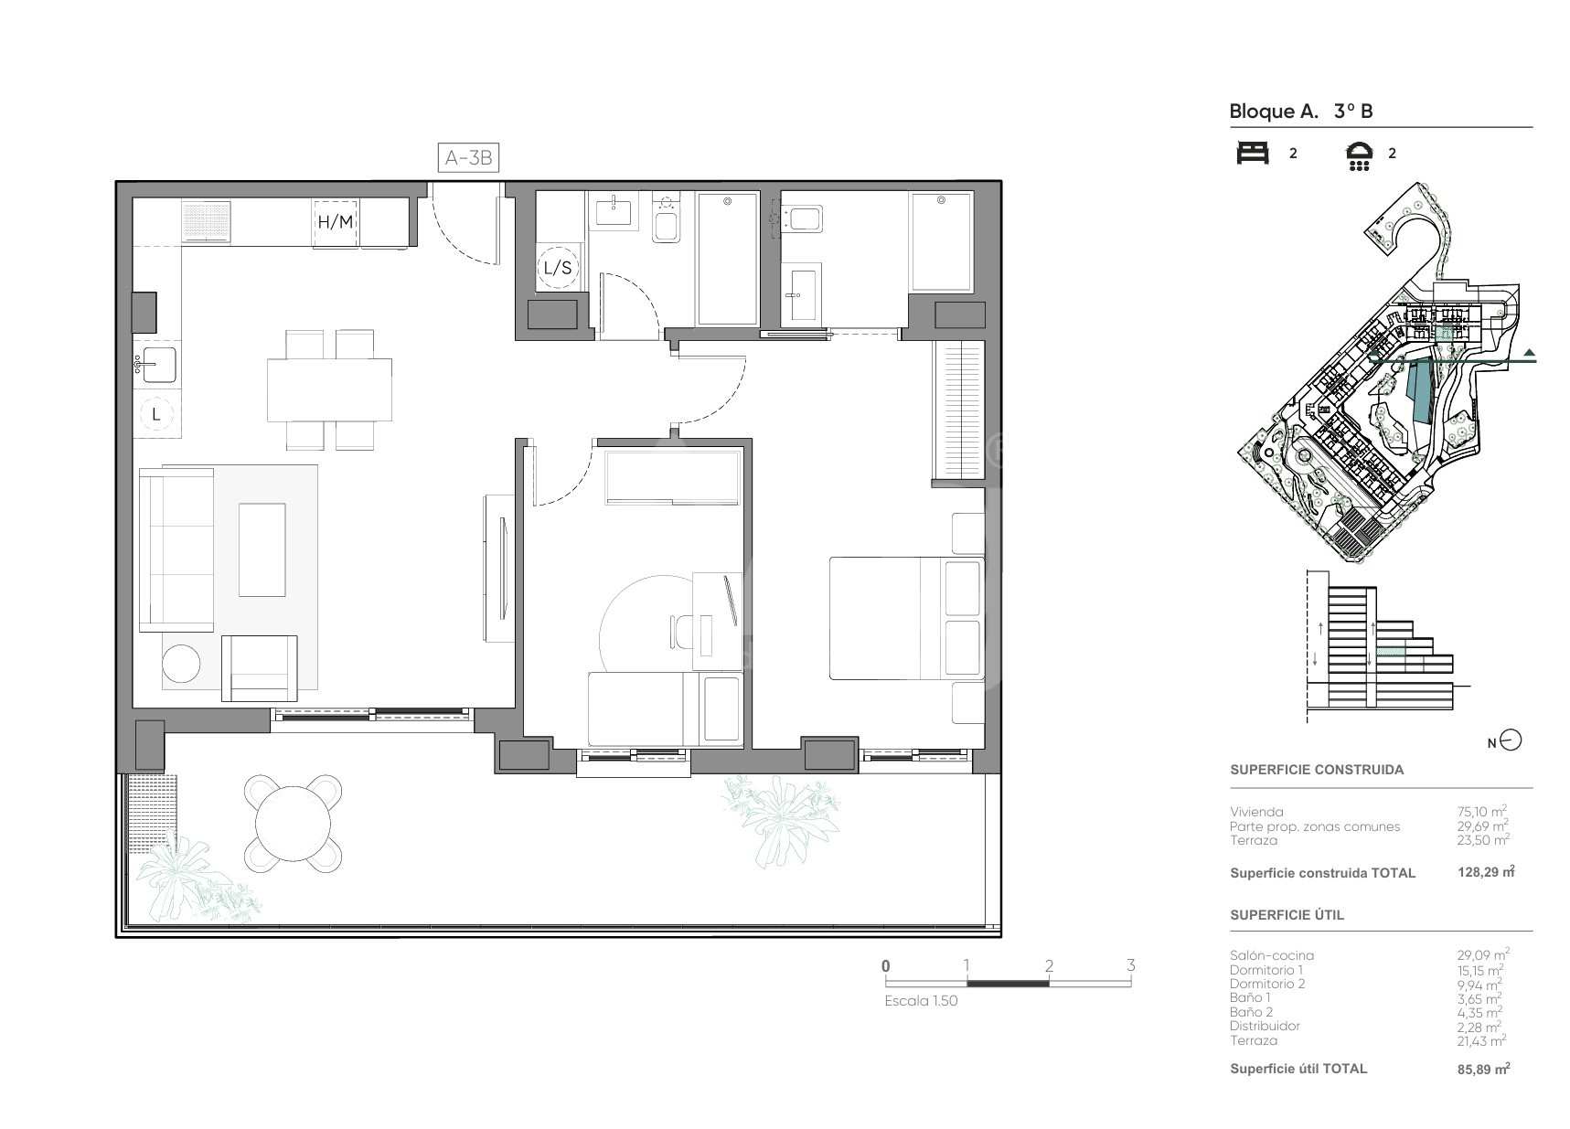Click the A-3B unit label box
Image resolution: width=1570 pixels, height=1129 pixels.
pos(468,158)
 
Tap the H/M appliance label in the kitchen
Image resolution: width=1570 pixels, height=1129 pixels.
pos(335,222)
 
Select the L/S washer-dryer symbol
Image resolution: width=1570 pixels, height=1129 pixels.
pos(558,268)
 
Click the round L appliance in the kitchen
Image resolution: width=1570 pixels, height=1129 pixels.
pos(156,414)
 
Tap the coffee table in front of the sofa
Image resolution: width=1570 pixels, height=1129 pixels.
pos(262,549)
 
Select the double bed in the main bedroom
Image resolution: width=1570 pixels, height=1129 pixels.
pos(905,618)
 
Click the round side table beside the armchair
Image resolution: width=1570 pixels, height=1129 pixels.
pos(181,664)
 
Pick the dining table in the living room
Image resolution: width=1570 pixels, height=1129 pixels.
pos(329,389)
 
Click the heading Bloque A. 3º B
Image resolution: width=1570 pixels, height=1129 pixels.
pos(1301,112)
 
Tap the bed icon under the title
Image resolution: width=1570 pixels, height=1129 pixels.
pos(1253,154)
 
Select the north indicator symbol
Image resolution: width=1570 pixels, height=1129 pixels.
pos(1511,741)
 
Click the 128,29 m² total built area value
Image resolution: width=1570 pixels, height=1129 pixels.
pos(1486,872)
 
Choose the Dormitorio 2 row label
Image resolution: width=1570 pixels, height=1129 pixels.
pos(1267,984)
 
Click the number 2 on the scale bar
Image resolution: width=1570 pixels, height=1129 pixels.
pos(1049,965)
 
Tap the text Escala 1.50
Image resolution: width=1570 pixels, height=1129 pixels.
pos(921,1001)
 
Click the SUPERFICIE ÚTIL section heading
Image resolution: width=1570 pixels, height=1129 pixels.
pos(1287,915)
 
